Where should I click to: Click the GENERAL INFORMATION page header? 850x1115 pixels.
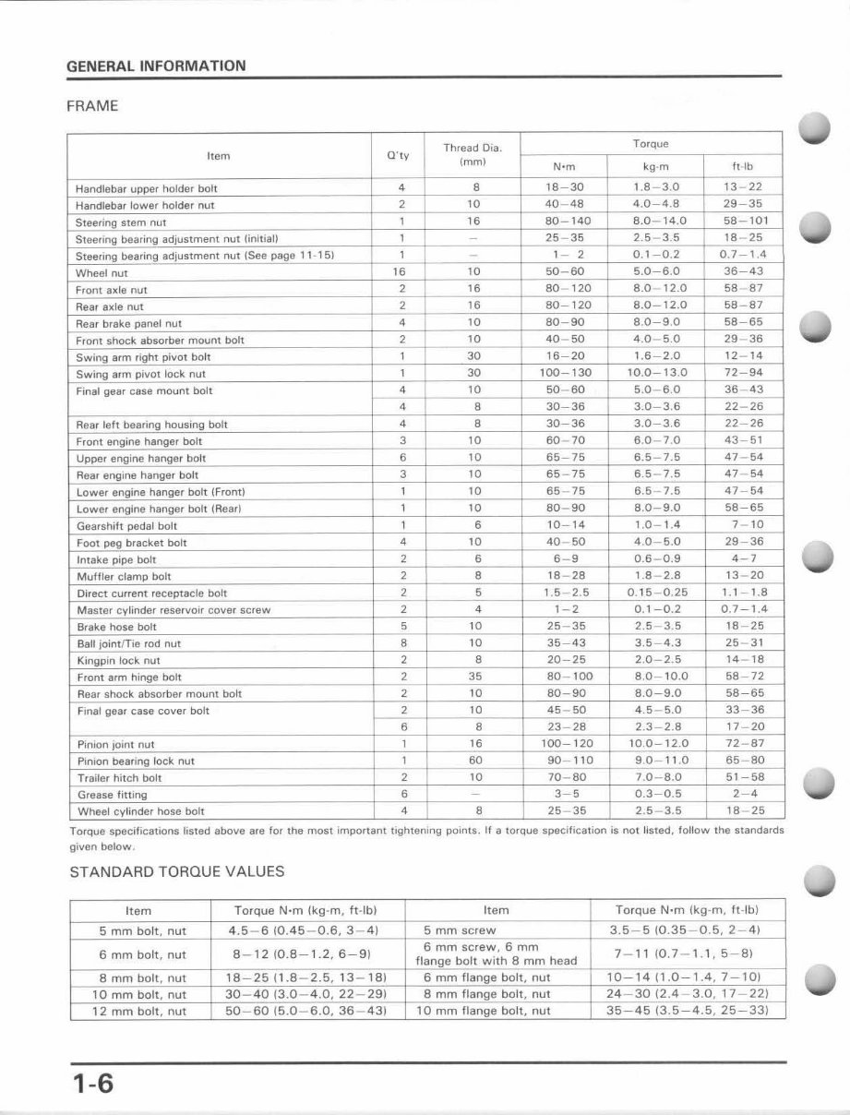click(x=156, y=66)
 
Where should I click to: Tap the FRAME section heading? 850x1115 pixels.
click(x=92, y=106)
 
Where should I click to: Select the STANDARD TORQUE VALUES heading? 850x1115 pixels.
click(x=177, y=871)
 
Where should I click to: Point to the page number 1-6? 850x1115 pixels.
click(x=91, y=1083)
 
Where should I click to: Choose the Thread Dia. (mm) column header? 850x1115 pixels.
click(x=473, y=155)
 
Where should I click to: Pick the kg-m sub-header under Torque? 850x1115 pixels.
click(x=655, y=167)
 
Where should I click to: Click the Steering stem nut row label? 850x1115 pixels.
click(x=121, y=222)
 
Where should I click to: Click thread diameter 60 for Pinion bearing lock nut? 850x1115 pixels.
click(x=474, y=761)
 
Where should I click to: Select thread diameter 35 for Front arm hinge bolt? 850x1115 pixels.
click(x=474, y=677)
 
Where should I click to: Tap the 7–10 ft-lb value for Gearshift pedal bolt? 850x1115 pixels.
click(x=744, y=525)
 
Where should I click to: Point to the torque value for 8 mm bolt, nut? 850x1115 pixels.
click(x=305, y=977)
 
